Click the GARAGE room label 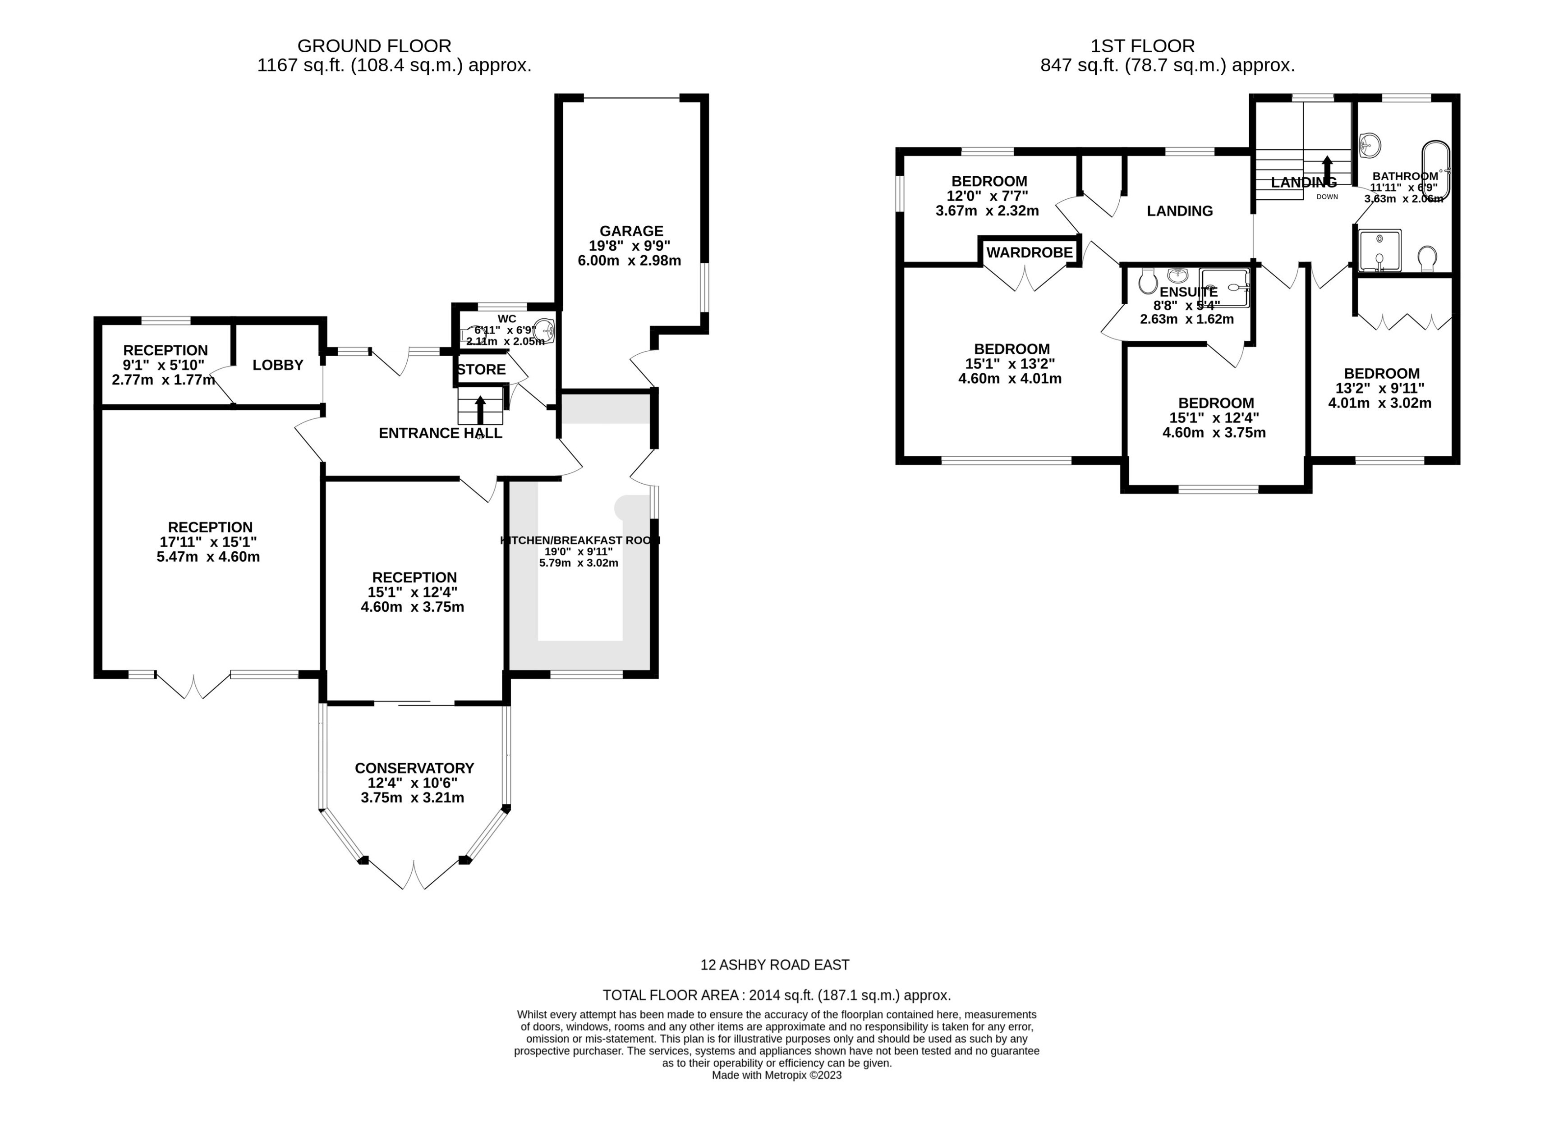pyautogui.click(x=631, y=231)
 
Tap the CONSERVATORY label pyautogui.click(x=414, y=768)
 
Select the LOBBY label pyautogui.click(x=277, y=365)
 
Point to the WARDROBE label pyautogui.click(x=1029, y=253)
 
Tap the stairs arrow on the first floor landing pyautogui.click(x=1327, y=169)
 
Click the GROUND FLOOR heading pyautogui.click(x=374, y=46)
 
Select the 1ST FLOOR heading pyautogui.click(x=1143, y=46)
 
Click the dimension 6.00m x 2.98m pyautogui.click(x=630, y=261)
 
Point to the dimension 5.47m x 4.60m pyautogui.click(x=208, y=557)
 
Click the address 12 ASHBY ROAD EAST pyautogui.click(x=775, y=965)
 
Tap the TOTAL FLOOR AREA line pyautogui.click(x=777, y=995)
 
